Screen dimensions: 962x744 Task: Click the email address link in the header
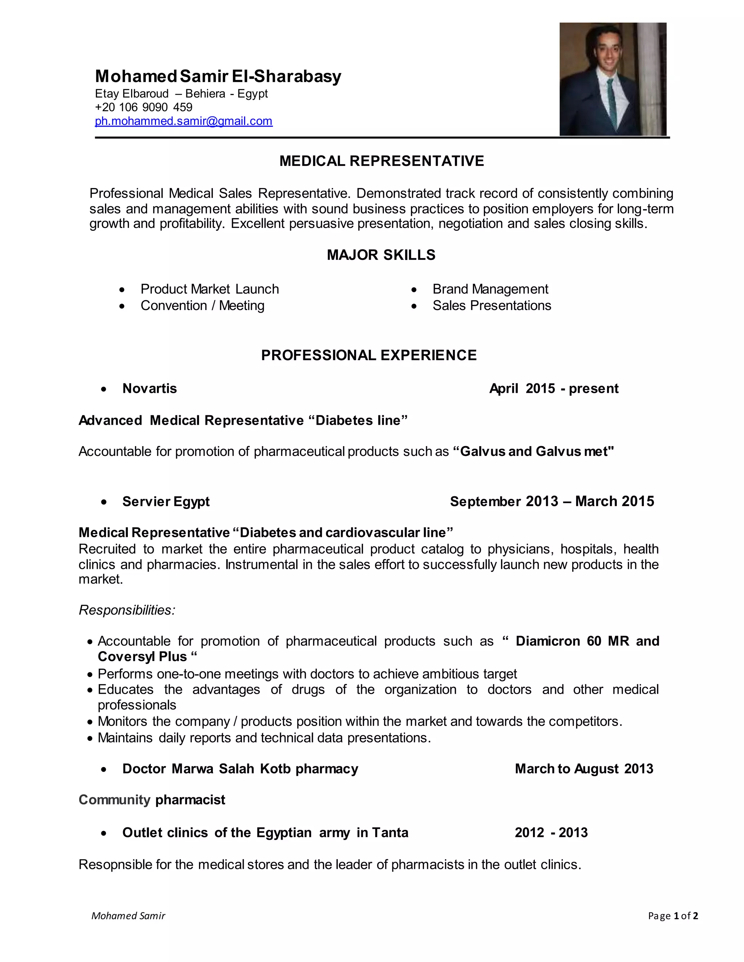click(x=183, y=121)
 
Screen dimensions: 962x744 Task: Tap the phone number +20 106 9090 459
click(x=144, y=107)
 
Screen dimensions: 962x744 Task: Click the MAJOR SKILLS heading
click(x=381, y=255)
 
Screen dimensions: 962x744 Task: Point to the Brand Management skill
click(x=490, y=289)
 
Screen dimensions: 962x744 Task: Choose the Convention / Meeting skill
click(x=202, y=306)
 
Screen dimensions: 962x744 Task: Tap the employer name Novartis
click(x=149, y=388)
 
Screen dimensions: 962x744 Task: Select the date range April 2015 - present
click(x=554, y=388)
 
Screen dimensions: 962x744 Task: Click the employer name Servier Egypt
click(x=166, y=501)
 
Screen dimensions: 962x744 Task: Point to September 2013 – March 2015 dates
click(x=552, y=501)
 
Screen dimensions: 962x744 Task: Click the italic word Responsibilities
click(x=127, y=610)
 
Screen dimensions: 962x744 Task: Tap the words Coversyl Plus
click(x=142, y=657)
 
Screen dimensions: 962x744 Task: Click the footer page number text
click(x=673, y=916)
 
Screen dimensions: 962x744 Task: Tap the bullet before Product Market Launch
click(x=122, y=290)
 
